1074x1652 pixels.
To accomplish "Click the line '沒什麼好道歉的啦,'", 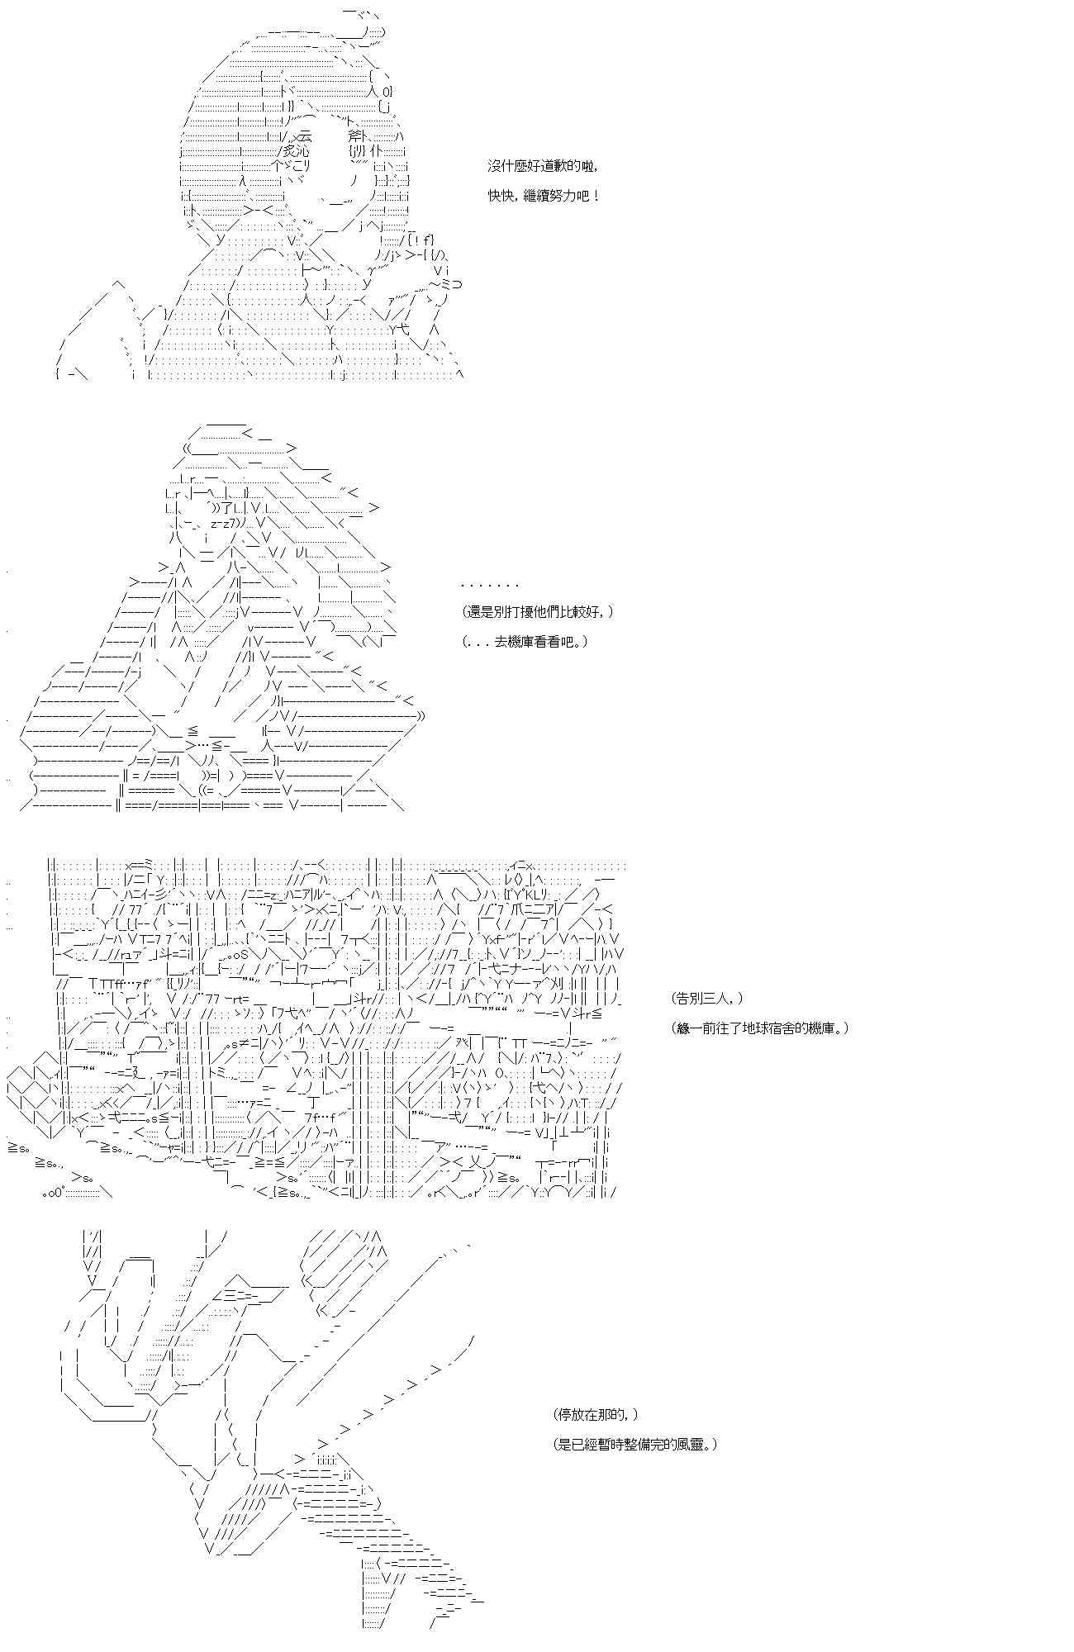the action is click(x=542, y=166).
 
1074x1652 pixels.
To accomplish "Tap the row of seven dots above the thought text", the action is click(x=490, y=584).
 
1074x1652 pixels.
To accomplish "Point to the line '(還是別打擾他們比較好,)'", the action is click(x=539, y=612).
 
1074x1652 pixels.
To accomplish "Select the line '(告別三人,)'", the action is click(x=707, y=999).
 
